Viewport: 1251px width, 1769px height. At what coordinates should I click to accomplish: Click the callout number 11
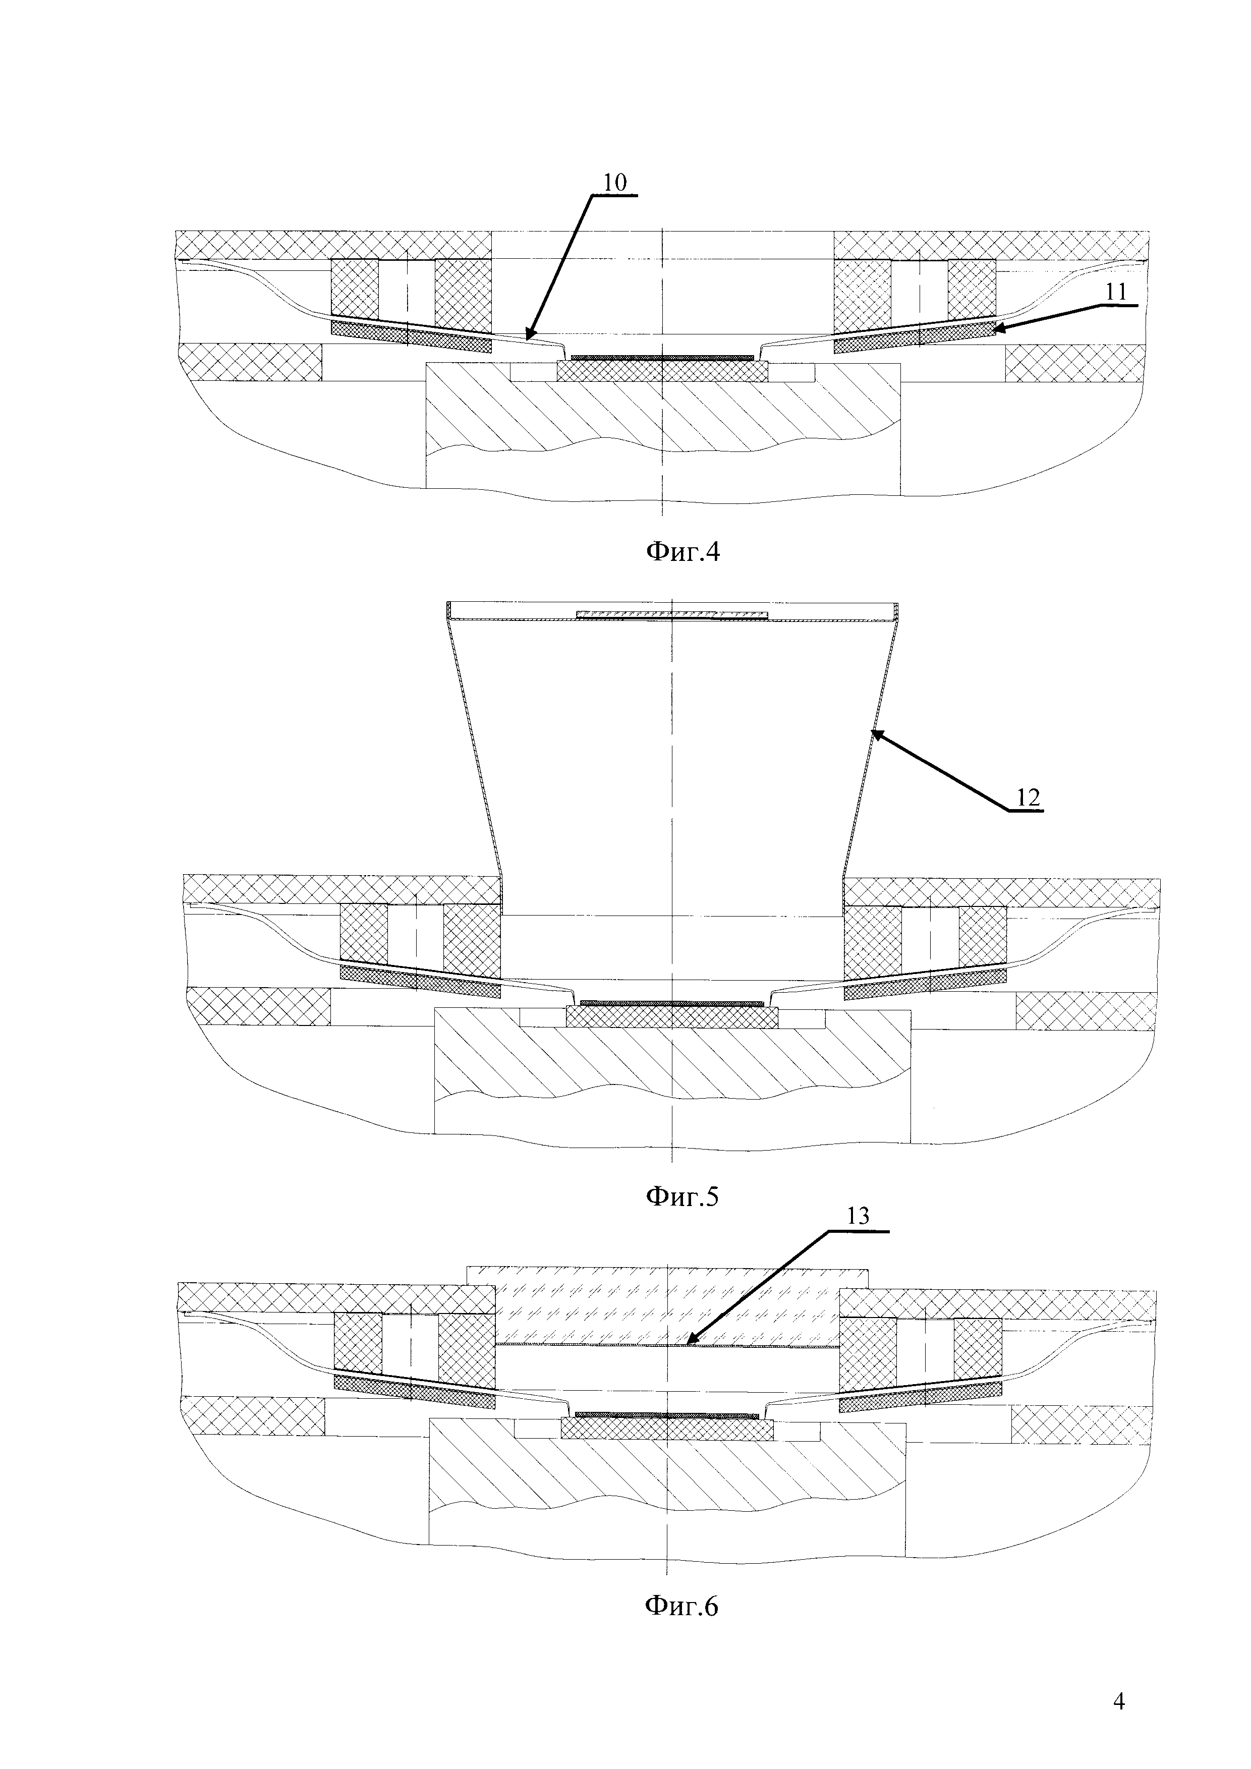(1116, 292)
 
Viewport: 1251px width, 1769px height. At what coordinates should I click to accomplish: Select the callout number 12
(1029, 797)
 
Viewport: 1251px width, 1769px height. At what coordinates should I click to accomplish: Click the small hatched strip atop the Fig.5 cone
(672, 614)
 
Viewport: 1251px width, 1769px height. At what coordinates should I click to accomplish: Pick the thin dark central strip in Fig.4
(661, 358)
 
